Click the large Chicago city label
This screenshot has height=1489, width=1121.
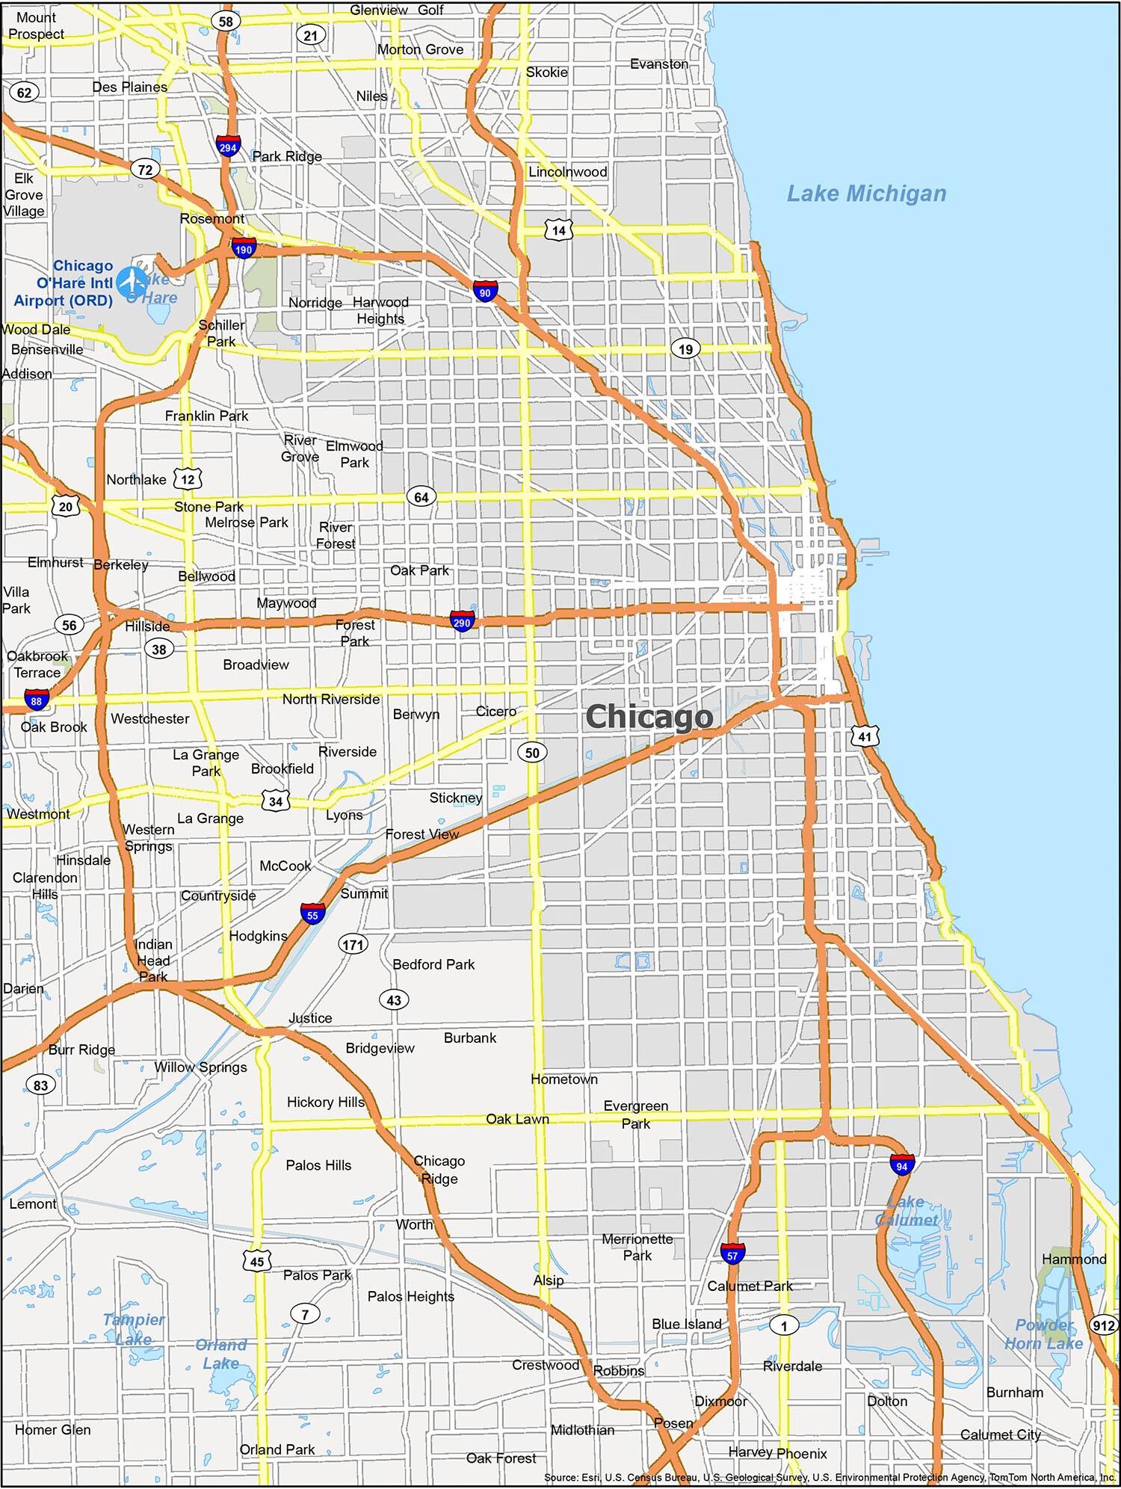[x=649, y=717]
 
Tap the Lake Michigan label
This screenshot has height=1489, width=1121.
[x=866, y=194]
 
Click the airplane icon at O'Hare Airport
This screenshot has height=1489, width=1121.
[x=132, y=282]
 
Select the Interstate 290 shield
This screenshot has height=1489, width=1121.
[x=462, y=621]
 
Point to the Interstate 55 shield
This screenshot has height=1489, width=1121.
[x=312, y=913]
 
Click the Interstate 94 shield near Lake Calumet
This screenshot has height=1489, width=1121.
[x=902, y=1165]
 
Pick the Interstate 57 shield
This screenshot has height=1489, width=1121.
[x=732, y=1254]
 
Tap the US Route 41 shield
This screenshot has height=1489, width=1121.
[x=865, y=736]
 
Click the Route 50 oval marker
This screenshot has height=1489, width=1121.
[x=532, y=752]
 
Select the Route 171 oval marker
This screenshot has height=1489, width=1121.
[x=353, y=943]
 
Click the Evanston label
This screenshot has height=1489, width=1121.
[x=658, y=64]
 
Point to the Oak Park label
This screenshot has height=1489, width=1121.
[x=419, y=570]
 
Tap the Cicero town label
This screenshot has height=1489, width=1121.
[x=495, y=711]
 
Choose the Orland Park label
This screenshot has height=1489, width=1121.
[x=277, y=1449]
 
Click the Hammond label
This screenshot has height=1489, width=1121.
[x=1073, y=1260]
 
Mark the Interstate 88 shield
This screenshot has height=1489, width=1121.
[x=36, y=700]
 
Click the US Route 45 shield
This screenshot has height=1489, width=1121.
[x=256, y=1261]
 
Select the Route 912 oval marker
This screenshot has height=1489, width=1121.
[x=1103, y=1325]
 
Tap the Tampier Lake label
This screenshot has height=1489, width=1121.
[x=134, y=1329]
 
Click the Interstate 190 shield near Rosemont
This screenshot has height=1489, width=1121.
[x=244, y=249]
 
